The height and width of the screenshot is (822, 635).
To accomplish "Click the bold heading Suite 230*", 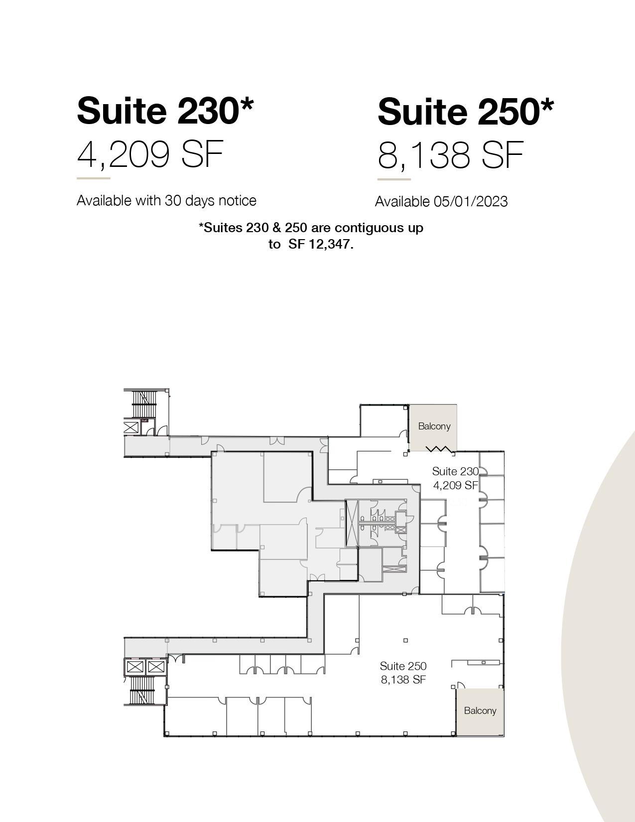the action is pyautogui.click(x=165, y=111).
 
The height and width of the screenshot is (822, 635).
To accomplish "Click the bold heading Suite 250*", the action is pyautogui.click(x=466, y=111).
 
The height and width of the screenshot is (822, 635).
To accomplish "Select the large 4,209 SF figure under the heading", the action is pyautogui.click(x=150, y=154).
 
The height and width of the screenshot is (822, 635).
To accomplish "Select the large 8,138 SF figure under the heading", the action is pyautogui.click(x=450, y=155).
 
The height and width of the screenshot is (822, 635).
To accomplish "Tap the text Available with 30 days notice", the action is pyautogui.click(x=166, y=200).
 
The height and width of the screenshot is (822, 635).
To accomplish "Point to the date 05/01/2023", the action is pyautogui.click(x=471, y=202).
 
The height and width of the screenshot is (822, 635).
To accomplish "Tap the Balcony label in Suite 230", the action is pyautogui.click(x=434, y=426).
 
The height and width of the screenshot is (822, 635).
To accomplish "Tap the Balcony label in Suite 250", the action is pyautogui.click(x=480, y=711).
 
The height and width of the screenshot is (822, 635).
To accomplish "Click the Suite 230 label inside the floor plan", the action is pyautogui.click(x=455, y=471).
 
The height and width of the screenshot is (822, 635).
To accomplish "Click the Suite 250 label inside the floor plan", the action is pyautogui.click(x=403, y=666).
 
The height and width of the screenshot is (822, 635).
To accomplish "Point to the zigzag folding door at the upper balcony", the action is pyautogui.click(x=439, y=449).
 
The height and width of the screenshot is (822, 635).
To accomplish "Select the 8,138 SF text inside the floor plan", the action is pyautogui.click(x=403, y=680).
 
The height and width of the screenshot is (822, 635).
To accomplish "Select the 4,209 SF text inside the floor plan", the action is pyautogui.click(x=455, y=485).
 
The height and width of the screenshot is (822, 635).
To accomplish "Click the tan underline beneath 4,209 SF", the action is pyautogui.click(x=94, y=178).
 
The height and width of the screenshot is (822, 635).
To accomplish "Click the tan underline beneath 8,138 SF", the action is pyautogui.click(x=394, y=179).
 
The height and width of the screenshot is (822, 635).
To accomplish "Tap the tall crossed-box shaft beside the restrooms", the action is pyautogui.click(x=351, y=523).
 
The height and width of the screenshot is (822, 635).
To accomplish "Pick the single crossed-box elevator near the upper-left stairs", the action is pyautogui.click(x=131, y=427).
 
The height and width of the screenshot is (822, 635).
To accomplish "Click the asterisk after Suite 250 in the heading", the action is pyautogui.click(x=547, y=105).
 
